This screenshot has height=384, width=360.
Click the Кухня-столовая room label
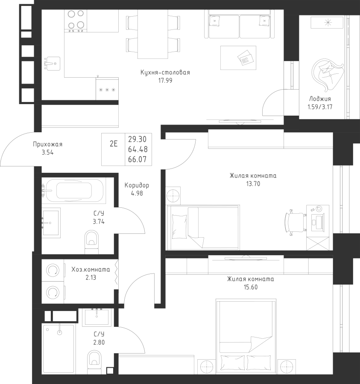(165, 73)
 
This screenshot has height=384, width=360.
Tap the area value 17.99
(165, 80)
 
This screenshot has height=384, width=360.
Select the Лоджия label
(320, 99)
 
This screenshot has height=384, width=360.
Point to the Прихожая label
(47, 144)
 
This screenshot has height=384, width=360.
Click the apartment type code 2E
(114, 144)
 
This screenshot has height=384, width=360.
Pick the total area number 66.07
(137, 160)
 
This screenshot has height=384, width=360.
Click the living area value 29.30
(137, 140)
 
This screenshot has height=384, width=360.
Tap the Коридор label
(137, 186)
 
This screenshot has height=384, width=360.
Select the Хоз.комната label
(91, 270)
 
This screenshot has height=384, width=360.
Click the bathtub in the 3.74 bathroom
(74, 190)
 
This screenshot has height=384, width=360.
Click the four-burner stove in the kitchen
(76, 21)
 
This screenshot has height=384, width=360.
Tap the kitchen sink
(52, 64)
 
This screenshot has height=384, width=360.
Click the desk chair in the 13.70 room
(296, 222)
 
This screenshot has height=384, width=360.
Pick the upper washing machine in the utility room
(53, 270)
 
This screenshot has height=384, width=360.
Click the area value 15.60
(250, 287)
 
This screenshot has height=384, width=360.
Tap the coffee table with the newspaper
(238, 58)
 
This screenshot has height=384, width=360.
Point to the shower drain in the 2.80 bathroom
(59, 332)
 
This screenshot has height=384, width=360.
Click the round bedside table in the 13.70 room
(173, 195)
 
